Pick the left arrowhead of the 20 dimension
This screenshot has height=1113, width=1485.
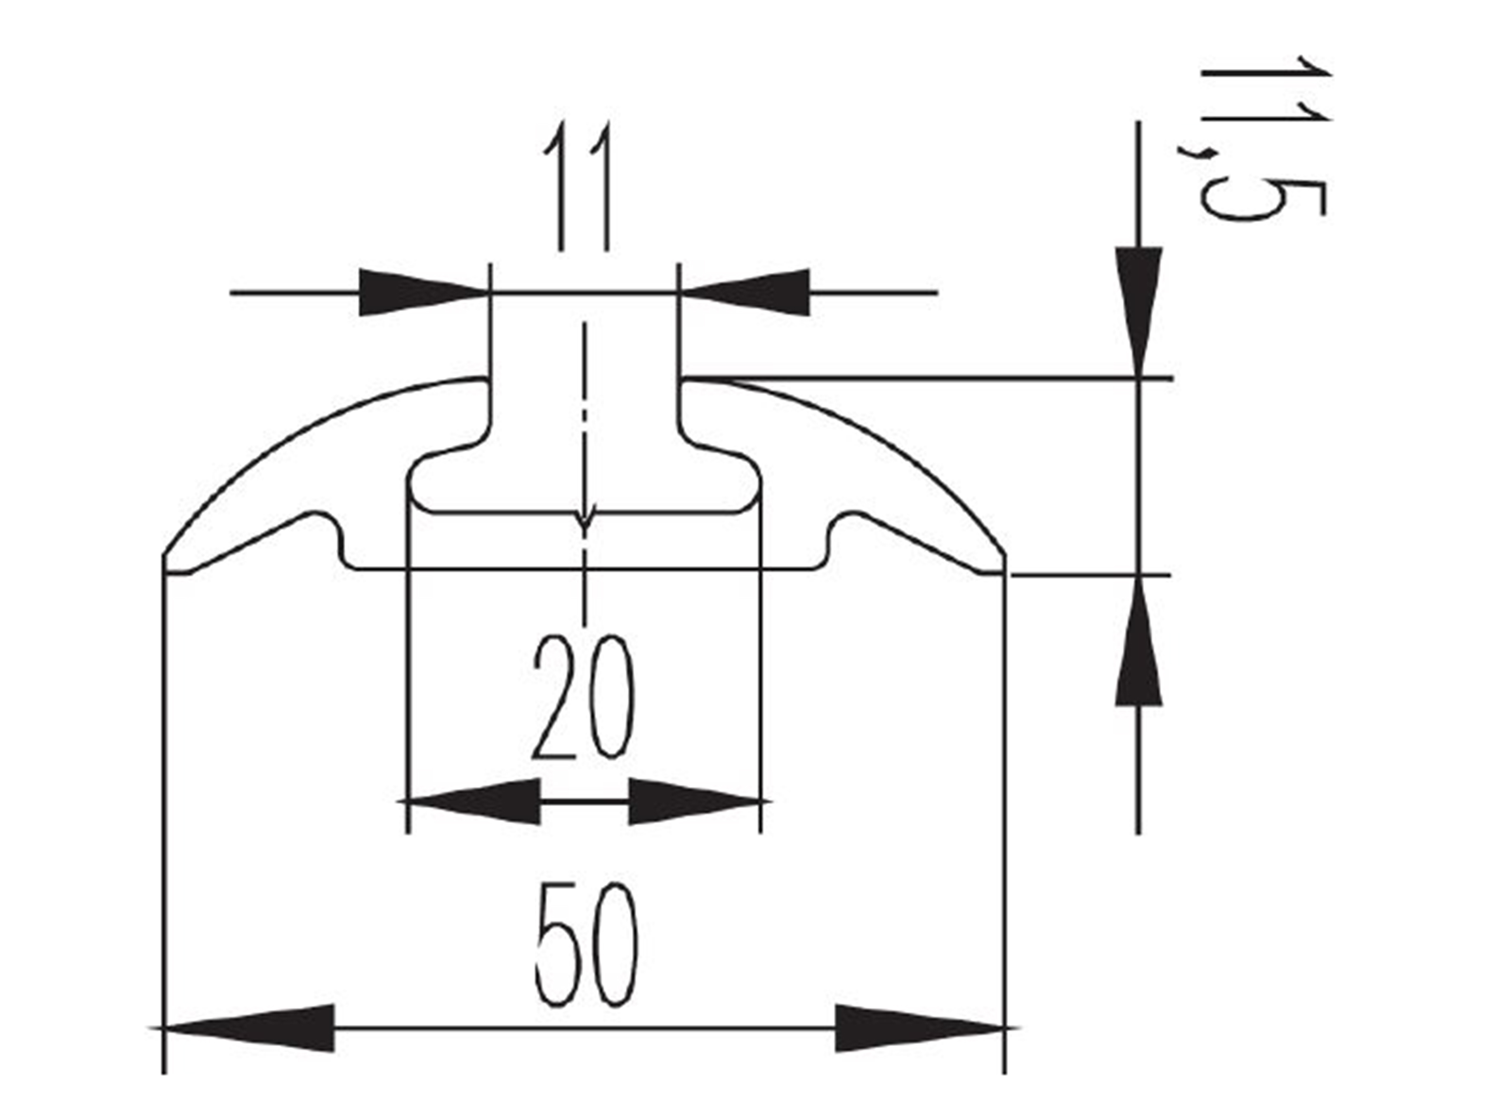click(x=474, y=801)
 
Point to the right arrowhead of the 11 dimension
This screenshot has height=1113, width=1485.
click(x=745, y=293)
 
